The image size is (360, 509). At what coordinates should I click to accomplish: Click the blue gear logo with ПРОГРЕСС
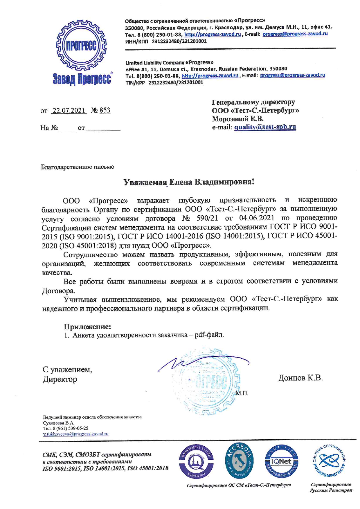click(81, 46)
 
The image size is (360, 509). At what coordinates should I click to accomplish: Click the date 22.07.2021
click(69, 111)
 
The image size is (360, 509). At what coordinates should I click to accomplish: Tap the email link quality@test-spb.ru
click(265, 127)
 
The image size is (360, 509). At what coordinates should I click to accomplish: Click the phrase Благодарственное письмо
click(78, 167)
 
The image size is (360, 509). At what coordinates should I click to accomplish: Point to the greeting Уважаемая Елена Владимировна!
click(189, 182)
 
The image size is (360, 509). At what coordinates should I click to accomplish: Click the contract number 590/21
click(207, 218)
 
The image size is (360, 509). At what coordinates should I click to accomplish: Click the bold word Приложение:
click(87, 327)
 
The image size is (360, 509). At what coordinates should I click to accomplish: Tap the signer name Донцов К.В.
click(300, 378)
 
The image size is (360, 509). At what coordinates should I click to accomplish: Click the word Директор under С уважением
click(60, 379)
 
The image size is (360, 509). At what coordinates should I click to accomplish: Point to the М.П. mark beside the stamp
click(242, 394)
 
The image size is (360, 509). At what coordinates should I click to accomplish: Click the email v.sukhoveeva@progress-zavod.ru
click(76, 434)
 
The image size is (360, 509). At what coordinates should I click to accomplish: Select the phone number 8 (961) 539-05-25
click(70, 428)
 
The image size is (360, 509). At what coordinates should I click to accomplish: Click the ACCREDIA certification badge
click(239, 461)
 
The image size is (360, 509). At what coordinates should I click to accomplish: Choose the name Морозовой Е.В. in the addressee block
click(237, 119)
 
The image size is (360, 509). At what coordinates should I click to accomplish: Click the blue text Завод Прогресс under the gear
click(82, 79)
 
